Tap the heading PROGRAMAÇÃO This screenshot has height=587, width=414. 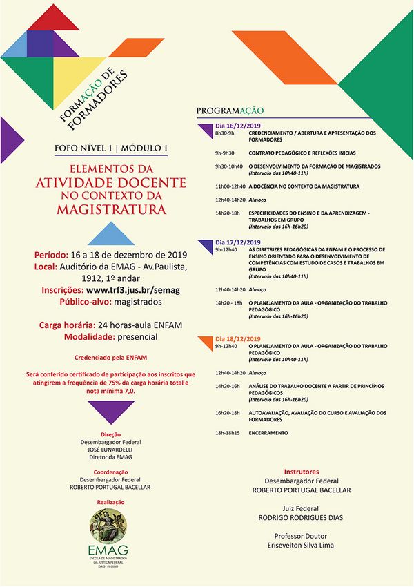230,111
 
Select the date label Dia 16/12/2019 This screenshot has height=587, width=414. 238,126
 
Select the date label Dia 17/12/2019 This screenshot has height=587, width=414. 238,242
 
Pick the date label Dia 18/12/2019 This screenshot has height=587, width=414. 238,339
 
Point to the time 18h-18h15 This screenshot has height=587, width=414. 228,432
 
